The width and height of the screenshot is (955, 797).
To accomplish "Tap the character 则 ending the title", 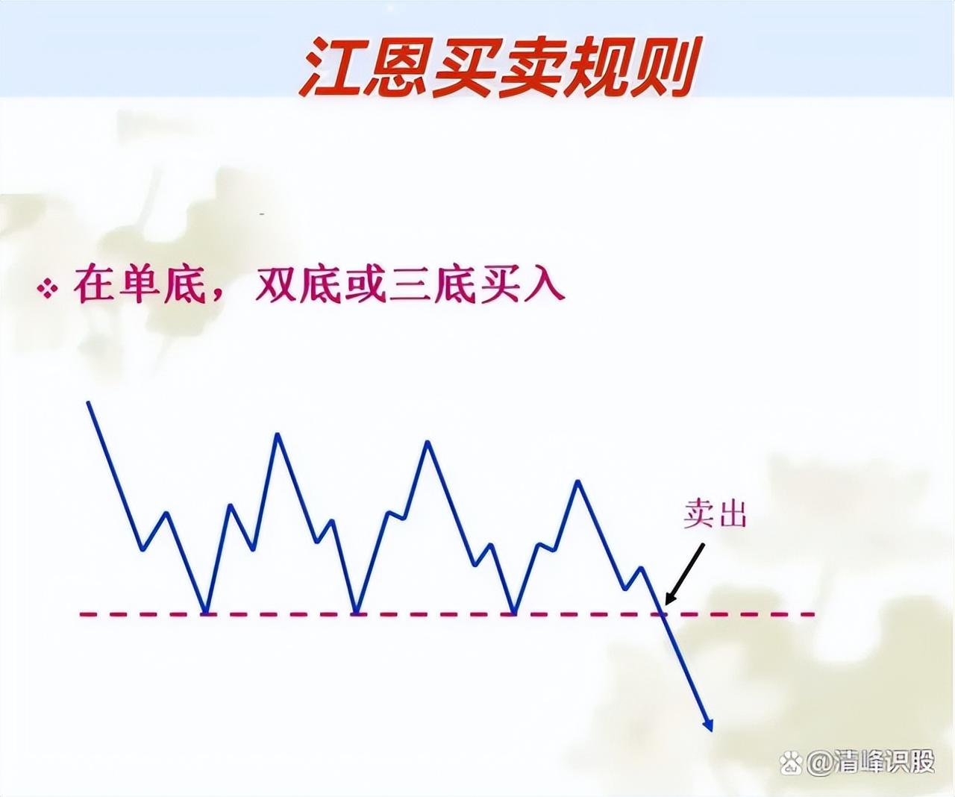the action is click(x=663, y=67).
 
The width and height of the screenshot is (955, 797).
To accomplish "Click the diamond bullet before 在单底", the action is click(x=48, y=289).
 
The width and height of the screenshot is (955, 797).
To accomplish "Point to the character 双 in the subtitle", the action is click(x=275, y=286).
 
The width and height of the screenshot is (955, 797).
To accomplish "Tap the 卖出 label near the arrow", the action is click(x=715, y=514).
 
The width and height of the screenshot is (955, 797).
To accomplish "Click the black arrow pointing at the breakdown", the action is click(x=685, y=574).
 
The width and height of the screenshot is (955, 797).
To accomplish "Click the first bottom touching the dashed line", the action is click(x=206, y=612).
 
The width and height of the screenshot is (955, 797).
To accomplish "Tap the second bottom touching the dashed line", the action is click(x=357, y=612).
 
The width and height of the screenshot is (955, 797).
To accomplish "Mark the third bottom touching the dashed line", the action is click(x=515, y=612).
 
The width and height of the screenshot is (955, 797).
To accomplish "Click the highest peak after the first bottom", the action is click(x=278, y=434).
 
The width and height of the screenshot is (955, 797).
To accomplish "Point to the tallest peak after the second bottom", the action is click(x=428, y=443).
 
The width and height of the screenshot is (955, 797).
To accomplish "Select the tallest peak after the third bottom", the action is click(x=578, y=482).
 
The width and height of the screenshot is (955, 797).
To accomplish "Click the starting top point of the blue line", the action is click(x=88, y=403).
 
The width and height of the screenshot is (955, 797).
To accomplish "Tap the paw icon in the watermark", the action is click(x=790, y=762).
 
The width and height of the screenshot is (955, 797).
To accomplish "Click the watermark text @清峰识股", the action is click(x=870, y=762).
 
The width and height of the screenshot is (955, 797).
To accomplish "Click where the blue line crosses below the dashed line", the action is click(x=662, y=614).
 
